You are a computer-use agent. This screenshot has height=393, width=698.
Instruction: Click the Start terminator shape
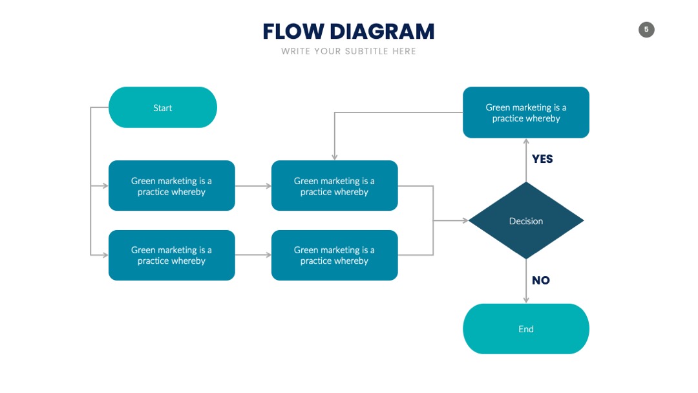pos(162,107)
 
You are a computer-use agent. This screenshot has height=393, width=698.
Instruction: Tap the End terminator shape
pos(525,329)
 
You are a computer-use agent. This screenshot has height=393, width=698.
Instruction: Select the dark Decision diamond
pos(525,220)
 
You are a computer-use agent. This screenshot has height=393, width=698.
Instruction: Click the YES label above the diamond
pos(542,159)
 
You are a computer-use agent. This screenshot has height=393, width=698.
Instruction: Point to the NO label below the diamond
pos(541,281)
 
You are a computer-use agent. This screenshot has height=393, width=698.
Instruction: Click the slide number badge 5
pos(646,30)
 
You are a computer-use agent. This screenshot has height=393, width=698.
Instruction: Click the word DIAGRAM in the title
pos(382,32)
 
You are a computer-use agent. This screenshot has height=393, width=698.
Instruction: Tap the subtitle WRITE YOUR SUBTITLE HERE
pos(348,51)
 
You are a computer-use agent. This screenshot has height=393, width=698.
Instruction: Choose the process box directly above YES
pos(525,112)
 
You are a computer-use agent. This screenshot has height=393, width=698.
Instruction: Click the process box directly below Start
pos(171,186)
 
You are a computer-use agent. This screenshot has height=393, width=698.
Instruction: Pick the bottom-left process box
pos(171,255)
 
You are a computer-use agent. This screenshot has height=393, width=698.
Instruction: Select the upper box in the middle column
pos(334,186)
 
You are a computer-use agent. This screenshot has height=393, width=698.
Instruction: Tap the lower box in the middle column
pos(334,255)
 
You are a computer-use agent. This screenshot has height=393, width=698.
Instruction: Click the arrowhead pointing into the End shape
pos(526,301)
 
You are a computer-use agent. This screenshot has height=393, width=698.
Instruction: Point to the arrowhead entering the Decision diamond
pos(465,220)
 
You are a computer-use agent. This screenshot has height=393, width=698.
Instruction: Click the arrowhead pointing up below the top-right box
pos(526,142)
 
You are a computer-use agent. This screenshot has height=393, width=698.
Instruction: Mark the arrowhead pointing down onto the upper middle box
pos(334,157)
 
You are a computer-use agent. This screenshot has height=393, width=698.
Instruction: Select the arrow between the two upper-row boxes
pos(253,186)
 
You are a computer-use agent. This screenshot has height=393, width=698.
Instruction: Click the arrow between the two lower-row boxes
pos(253,255)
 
